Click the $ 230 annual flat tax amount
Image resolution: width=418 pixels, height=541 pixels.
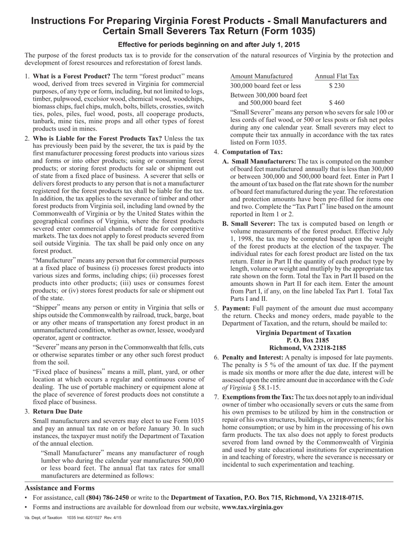click(337, 86)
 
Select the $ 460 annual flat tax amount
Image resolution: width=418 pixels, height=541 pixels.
click(337, 103)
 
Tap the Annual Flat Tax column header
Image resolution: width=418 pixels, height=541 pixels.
click(337, 76)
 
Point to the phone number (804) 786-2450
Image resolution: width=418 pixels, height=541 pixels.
click(107, 497)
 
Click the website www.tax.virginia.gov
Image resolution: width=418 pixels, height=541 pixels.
click(253, 507)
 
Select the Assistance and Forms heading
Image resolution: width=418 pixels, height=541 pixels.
click(59, 488)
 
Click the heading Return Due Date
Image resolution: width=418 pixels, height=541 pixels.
click(58, 412)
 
